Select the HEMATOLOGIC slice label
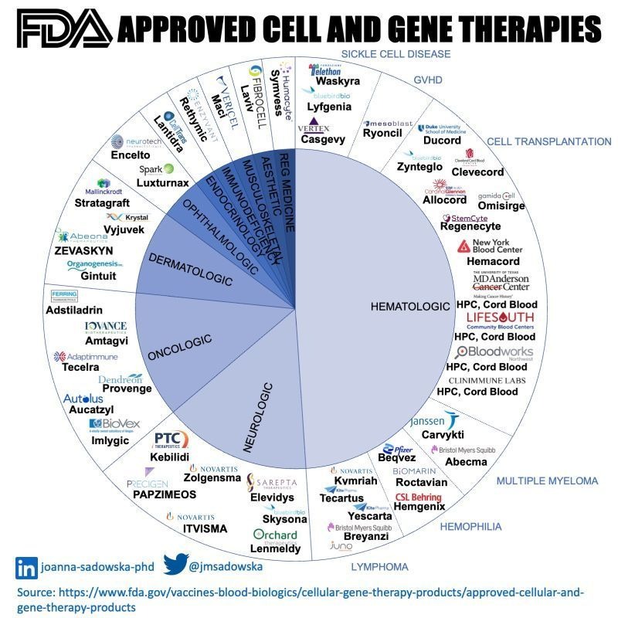410,307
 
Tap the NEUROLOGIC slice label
260,416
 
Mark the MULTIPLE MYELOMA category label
547,480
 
